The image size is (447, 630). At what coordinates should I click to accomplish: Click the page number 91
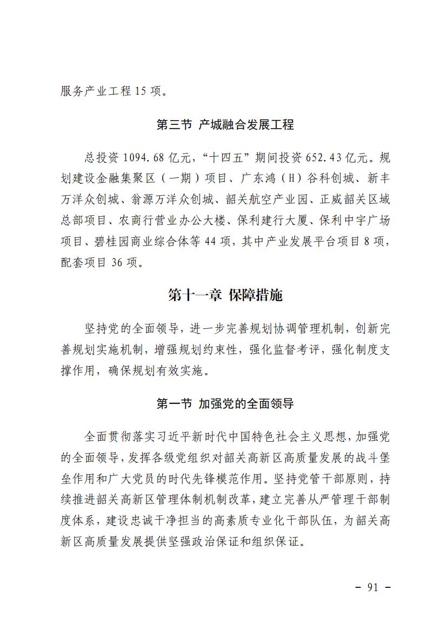tap(372, 588)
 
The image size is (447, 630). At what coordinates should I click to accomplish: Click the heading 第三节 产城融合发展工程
tap(225, 125)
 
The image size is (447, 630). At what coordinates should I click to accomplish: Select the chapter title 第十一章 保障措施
tap(225, 295)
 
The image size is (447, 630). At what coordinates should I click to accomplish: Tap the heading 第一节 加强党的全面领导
tap(225, 403)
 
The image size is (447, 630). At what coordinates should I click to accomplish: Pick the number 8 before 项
tap(366, 242)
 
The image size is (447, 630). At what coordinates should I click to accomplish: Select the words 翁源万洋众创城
tap(166, 200)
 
